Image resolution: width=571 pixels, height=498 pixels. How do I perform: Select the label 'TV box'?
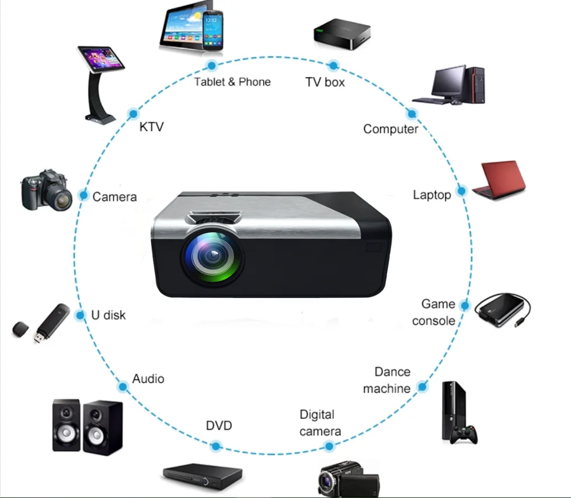pyautogui.click(x=325, y=82)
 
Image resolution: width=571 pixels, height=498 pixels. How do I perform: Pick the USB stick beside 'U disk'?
pyautogui.click(x=51, y=323)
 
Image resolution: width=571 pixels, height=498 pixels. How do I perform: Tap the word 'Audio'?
pyautogui.click(x=148, y=379)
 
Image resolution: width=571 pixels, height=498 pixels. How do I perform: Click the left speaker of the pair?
pyautogui.click(x=66, y=425)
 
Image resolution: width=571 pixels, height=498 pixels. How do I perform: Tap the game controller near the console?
pyautogui.click(x=464, y=435)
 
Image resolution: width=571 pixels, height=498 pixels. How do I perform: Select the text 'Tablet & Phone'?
pyautogui.click(x=232, y=82)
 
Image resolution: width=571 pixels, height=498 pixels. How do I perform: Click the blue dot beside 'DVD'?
pyautogui.click(x=216, y=446)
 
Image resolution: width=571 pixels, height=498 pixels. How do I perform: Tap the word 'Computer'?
pyautogui.click(x=391, y=129)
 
